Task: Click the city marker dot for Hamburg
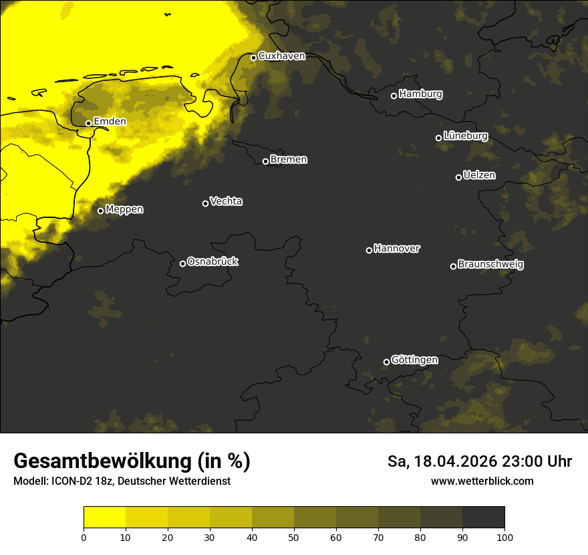coord(394,96)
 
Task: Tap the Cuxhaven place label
coord(281,56)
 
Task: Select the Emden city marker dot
coord(88,123)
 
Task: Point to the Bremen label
coord(289,160)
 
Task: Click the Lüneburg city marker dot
coord(438,138)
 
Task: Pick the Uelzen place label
coord(479,176)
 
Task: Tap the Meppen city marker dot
coord(100,211)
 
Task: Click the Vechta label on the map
coord(226,201)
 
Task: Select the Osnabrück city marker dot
coord(182,263)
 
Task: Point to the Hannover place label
coord(397,249)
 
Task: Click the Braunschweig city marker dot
coord(453,266)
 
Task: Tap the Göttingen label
coord(414,360)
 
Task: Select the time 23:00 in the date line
coord(511,461)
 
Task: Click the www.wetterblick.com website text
coord(482,481)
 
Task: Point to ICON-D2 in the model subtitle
coord(69,481)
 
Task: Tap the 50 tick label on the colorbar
coord(294,538)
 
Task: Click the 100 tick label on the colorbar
coord(504,538)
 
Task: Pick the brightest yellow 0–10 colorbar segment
coord(104,518)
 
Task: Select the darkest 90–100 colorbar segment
coord(483,518)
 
